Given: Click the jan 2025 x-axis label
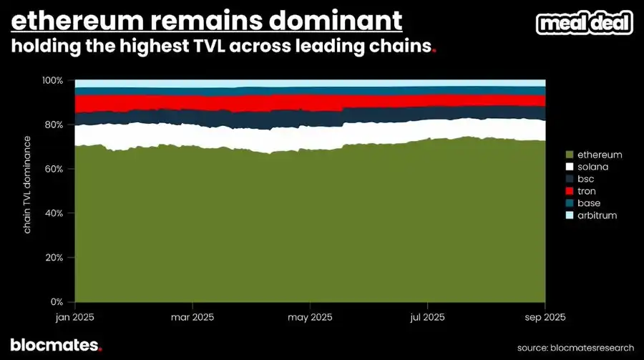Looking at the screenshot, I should pos(75,316).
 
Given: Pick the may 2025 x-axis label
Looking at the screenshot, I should pos(310,316).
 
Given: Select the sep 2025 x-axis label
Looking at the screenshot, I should pos(545,316).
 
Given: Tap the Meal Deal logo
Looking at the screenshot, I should pos(585,23).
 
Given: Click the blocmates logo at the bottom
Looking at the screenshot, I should pos(56,345).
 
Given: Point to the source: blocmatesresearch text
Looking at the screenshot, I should pos(573,346).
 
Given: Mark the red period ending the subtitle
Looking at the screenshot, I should pos(434,52).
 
